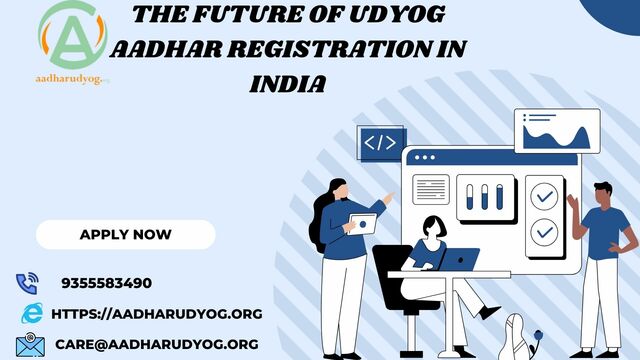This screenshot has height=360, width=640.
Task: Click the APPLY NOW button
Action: click(125, 234)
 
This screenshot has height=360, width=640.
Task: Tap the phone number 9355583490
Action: click(106, 283)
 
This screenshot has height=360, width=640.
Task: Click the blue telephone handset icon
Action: click(27, 283)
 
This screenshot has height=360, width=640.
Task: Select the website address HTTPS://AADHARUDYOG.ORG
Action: click(156, 313)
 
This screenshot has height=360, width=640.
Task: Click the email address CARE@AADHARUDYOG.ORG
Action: click(157, 343)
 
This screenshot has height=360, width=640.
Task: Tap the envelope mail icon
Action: click(30, 345)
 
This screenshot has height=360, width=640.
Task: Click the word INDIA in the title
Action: click(288, 84)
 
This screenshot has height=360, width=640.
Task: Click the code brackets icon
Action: click(381, 143)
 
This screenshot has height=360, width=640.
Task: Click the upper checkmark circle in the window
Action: click(544, 196)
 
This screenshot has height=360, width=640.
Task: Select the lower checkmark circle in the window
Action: click(544, 231)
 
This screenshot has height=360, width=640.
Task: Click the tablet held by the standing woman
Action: click(363, 223)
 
